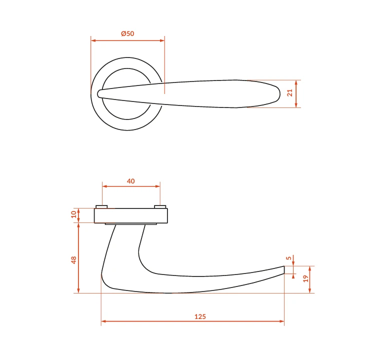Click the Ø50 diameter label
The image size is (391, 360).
(x=127, y=33)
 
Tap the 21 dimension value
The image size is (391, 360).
(x=290, y=93)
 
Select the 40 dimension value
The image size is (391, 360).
(x=131, y=181)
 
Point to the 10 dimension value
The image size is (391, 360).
(x=74, y=214)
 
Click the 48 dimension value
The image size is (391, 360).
(x=74, y=260)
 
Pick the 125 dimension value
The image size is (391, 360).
(x=200, y=316)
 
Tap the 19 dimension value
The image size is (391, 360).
(x=305, y=278)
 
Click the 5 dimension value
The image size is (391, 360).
(x=289, y=258)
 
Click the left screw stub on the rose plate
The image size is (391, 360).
(x=101, y=207)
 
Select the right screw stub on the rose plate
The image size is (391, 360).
(x=160, y=207)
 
